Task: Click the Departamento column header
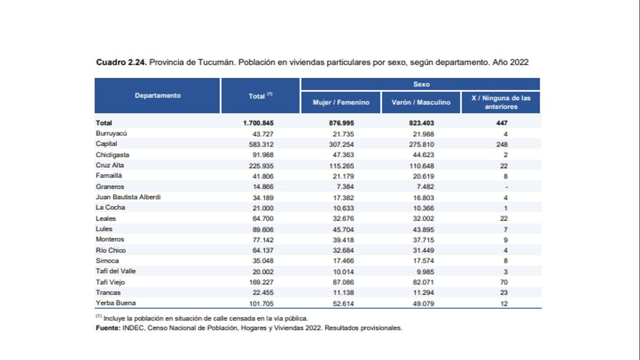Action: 158,95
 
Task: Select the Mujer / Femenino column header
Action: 341,102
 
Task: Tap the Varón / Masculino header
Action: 421,102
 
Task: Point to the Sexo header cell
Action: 421,84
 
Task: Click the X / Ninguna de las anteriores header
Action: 501,102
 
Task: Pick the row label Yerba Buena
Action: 115,303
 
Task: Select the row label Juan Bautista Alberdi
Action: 128,197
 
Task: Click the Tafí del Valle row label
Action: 115,271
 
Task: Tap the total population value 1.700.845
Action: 258,123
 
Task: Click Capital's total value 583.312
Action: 261,145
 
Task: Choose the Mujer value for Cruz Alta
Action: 341,166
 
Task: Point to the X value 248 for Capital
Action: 502,145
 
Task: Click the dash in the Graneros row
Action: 506,187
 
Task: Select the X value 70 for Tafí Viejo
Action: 503,282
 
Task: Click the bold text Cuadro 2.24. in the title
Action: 122,62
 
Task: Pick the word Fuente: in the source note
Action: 108,328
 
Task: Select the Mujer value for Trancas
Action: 343,293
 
